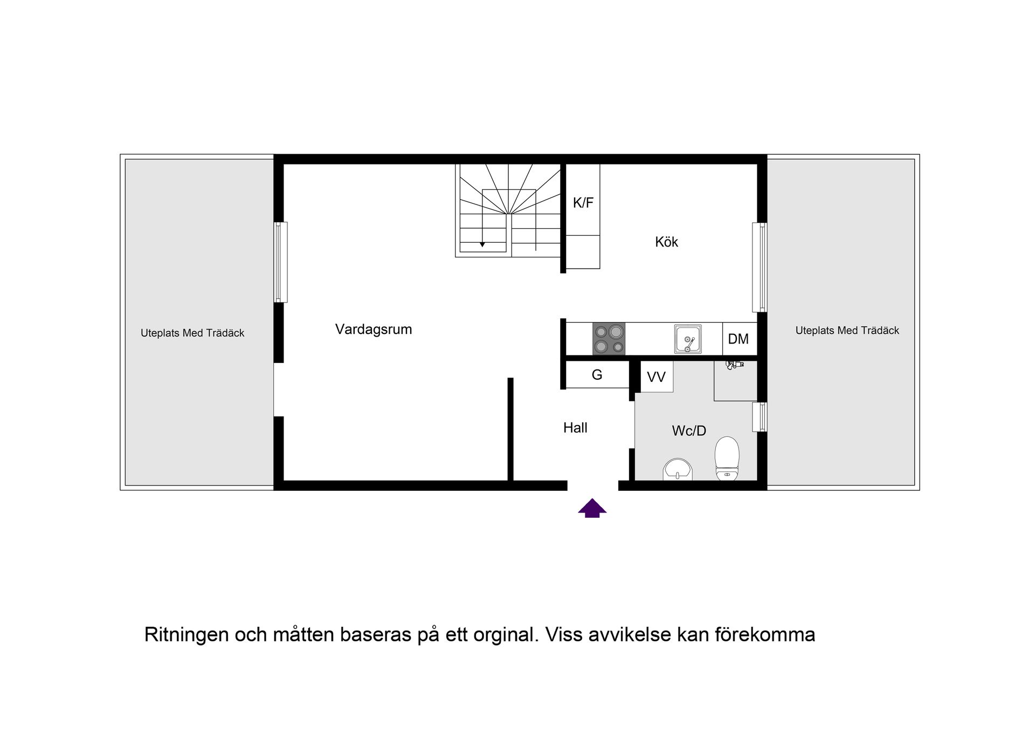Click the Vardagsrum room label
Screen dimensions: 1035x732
point(374,330)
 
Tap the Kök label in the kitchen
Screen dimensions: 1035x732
point(666,242)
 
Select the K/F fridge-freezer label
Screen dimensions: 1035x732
point(583,203)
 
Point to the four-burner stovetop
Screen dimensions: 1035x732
point(609,339)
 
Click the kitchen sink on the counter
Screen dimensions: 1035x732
point(688,339)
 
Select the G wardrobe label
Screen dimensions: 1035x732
point(597,375)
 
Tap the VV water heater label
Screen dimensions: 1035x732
point(656,377)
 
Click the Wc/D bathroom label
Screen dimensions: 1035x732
point(689,430)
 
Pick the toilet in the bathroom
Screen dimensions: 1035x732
point(727,459)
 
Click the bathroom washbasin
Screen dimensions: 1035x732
point(678,469)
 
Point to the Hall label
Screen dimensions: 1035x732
point(575,428)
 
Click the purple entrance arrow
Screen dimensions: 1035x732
point(592,508)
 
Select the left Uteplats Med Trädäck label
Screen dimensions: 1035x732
point(192,333)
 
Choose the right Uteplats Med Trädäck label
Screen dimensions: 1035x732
point(847,331)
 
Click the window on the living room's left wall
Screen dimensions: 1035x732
point(280,262)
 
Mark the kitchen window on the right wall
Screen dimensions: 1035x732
point(760,268)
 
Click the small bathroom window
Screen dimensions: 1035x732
point(760,417)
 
